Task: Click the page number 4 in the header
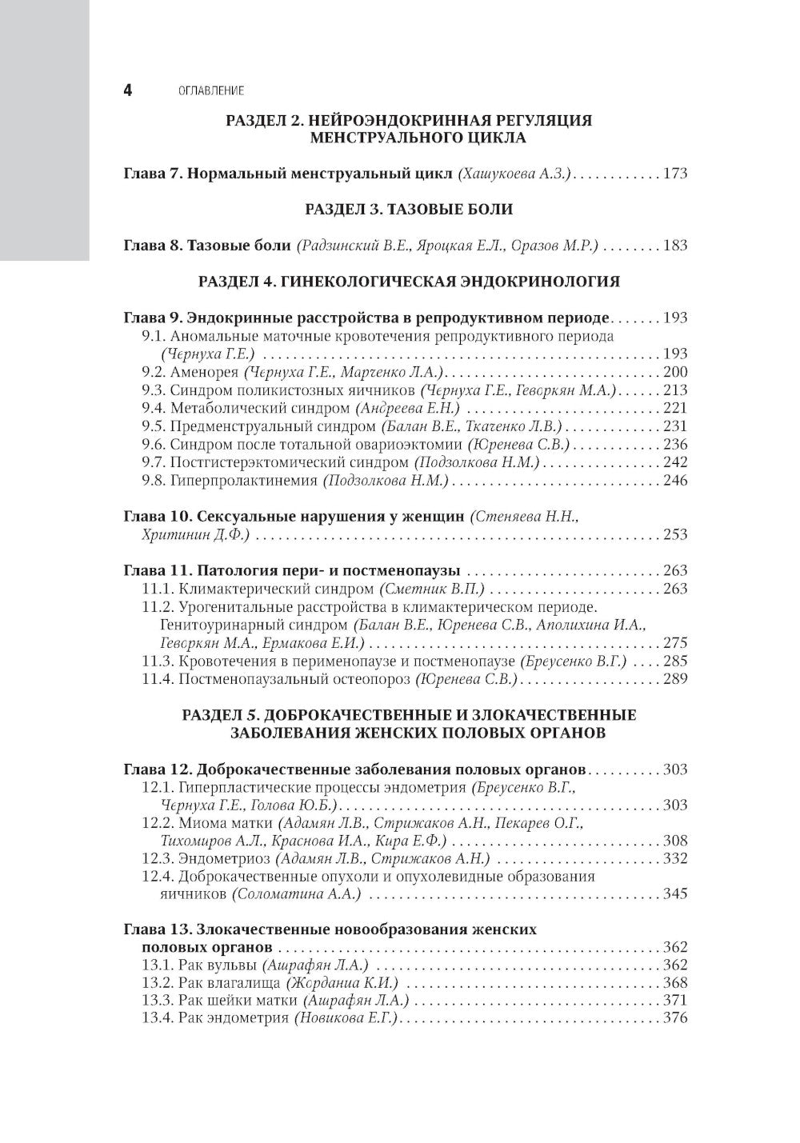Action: [x=127, y=90]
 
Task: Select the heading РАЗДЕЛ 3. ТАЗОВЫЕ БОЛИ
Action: [x=408, y=210]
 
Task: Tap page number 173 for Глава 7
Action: [x=674, y=174]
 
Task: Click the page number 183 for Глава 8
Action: [x=674, y=246]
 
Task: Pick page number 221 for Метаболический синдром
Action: [x=674, y=408]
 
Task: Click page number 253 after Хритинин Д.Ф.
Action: [x=674, y=535]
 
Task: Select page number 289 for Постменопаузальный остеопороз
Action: [x=674, y=679]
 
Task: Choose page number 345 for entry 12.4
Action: [x=674, y=893]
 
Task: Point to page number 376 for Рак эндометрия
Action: [x=674, y=1018]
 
